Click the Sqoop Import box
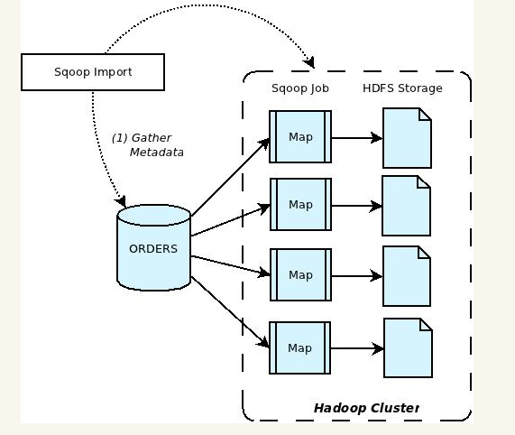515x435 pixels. [93, 72]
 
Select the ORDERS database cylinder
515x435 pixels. [154, 247]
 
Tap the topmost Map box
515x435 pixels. [300, 136]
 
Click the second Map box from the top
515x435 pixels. [300, 204]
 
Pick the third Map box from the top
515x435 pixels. [300, 274]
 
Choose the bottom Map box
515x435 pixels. [299, 348]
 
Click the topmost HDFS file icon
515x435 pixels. [408, 138]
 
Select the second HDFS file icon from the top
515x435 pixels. [406, 206]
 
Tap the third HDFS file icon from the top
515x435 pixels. [407, 276]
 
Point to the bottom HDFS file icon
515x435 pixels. [408, 348]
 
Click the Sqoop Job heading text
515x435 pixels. [300, 88]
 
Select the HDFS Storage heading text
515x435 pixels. [402, 88]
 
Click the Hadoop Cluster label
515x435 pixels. [366, 408]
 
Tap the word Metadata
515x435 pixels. [157, 153]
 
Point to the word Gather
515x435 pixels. [152, 138]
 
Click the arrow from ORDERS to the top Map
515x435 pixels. [230, 178]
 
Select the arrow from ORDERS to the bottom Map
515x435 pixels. [230, 312]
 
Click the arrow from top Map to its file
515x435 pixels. [357, 138]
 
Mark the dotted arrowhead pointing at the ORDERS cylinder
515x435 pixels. [121, 200]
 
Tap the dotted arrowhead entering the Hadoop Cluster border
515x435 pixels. [309, 62]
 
